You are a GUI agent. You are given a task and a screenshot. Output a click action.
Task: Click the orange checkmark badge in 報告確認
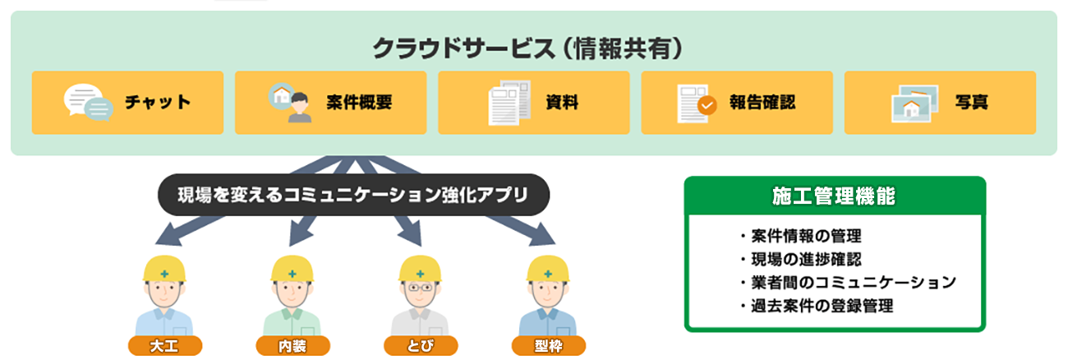[x=707, y=105]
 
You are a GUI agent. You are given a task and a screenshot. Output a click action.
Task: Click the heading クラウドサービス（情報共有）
[x=528, y=49]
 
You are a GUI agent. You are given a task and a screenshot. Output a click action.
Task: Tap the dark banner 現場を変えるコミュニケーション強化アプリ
[x=352, y=195]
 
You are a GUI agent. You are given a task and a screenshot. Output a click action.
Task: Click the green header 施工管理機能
[x=834, y=197]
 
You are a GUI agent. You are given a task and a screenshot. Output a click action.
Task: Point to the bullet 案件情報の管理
[x=800, y=237]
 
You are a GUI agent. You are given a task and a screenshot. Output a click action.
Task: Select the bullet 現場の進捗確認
[x=800, y=260]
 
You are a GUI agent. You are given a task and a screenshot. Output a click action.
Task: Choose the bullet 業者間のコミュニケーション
[x=847, y=283]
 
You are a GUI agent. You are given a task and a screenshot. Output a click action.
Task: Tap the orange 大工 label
[x=164, y=345]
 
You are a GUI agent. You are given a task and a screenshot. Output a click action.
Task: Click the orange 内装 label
[x=292, y=345]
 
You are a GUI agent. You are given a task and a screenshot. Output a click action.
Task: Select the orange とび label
[x=421, y=345]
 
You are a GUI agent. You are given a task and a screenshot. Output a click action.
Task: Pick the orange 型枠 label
[x=549, y=345]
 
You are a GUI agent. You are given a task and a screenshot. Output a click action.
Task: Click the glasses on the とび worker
[x=420, y=288]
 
